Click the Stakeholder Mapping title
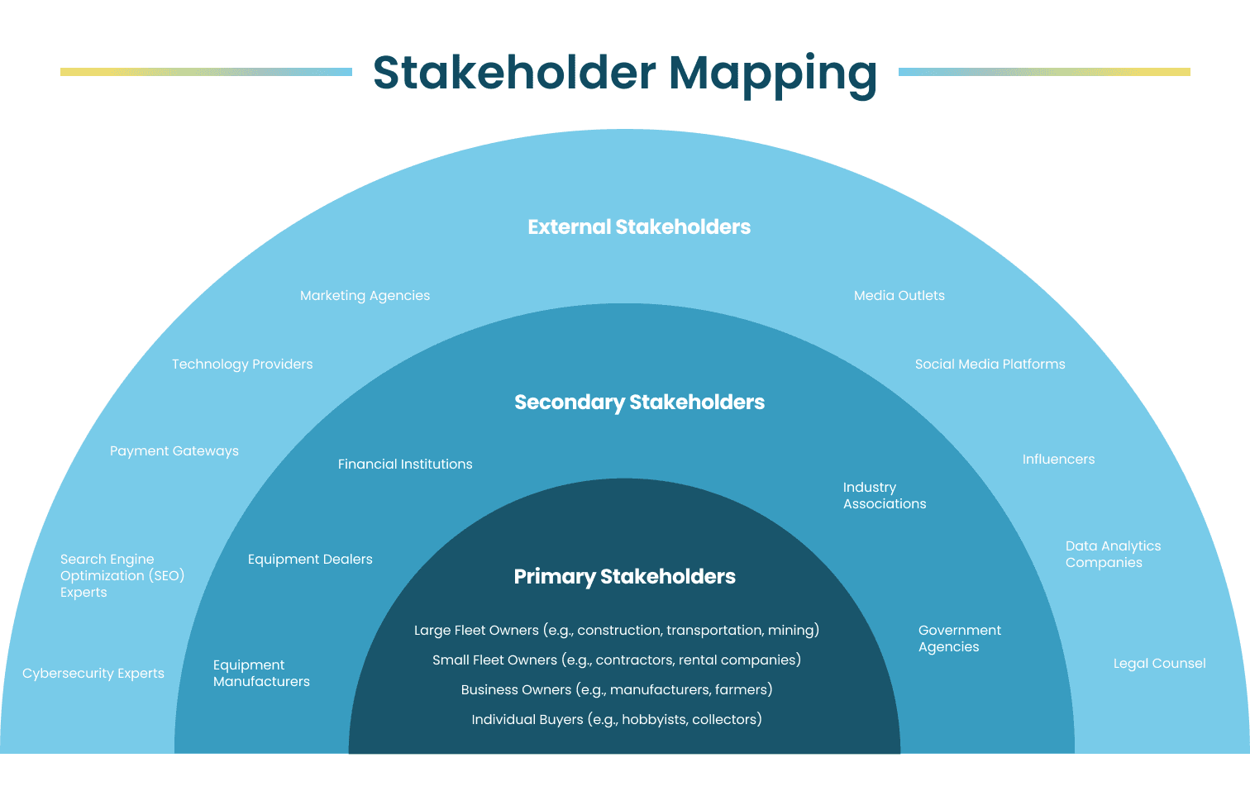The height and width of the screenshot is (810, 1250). (624, 73)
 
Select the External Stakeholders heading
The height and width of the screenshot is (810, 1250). (639, 227)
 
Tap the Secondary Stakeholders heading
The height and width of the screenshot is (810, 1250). (639, 403)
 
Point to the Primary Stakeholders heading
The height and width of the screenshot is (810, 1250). (624, 577)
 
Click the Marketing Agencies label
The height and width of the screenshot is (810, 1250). (365, 296)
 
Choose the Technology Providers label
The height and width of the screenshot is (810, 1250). (242, 364)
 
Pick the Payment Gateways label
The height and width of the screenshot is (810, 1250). (174, 451)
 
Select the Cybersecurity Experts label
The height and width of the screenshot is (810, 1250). (93, 674)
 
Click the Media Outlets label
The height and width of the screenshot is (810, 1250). (899, 296)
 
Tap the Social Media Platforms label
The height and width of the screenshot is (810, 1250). (990, 364)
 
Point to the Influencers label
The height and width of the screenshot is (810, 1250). (1058, 460)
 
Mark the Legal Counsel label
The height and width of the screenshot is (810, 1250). (1159, 664)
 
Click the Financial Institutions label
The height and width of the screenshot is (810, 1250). (405, 465)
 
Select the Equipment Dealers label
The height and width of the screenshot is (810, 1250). (310, 560)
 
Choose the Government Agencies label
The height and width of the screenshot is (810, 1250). (959, 639)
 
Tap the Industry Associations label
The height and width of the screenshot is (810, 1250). (884, 496)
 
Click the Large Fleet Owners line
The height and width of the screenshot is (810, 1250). (616, 631)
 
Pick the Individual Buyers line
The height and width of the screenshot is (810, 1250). (616, 720)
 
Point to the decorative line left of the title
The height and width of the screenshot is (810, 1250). (206, 72)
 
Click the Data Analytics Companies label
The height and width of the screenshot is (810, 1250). (1112, 555)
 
